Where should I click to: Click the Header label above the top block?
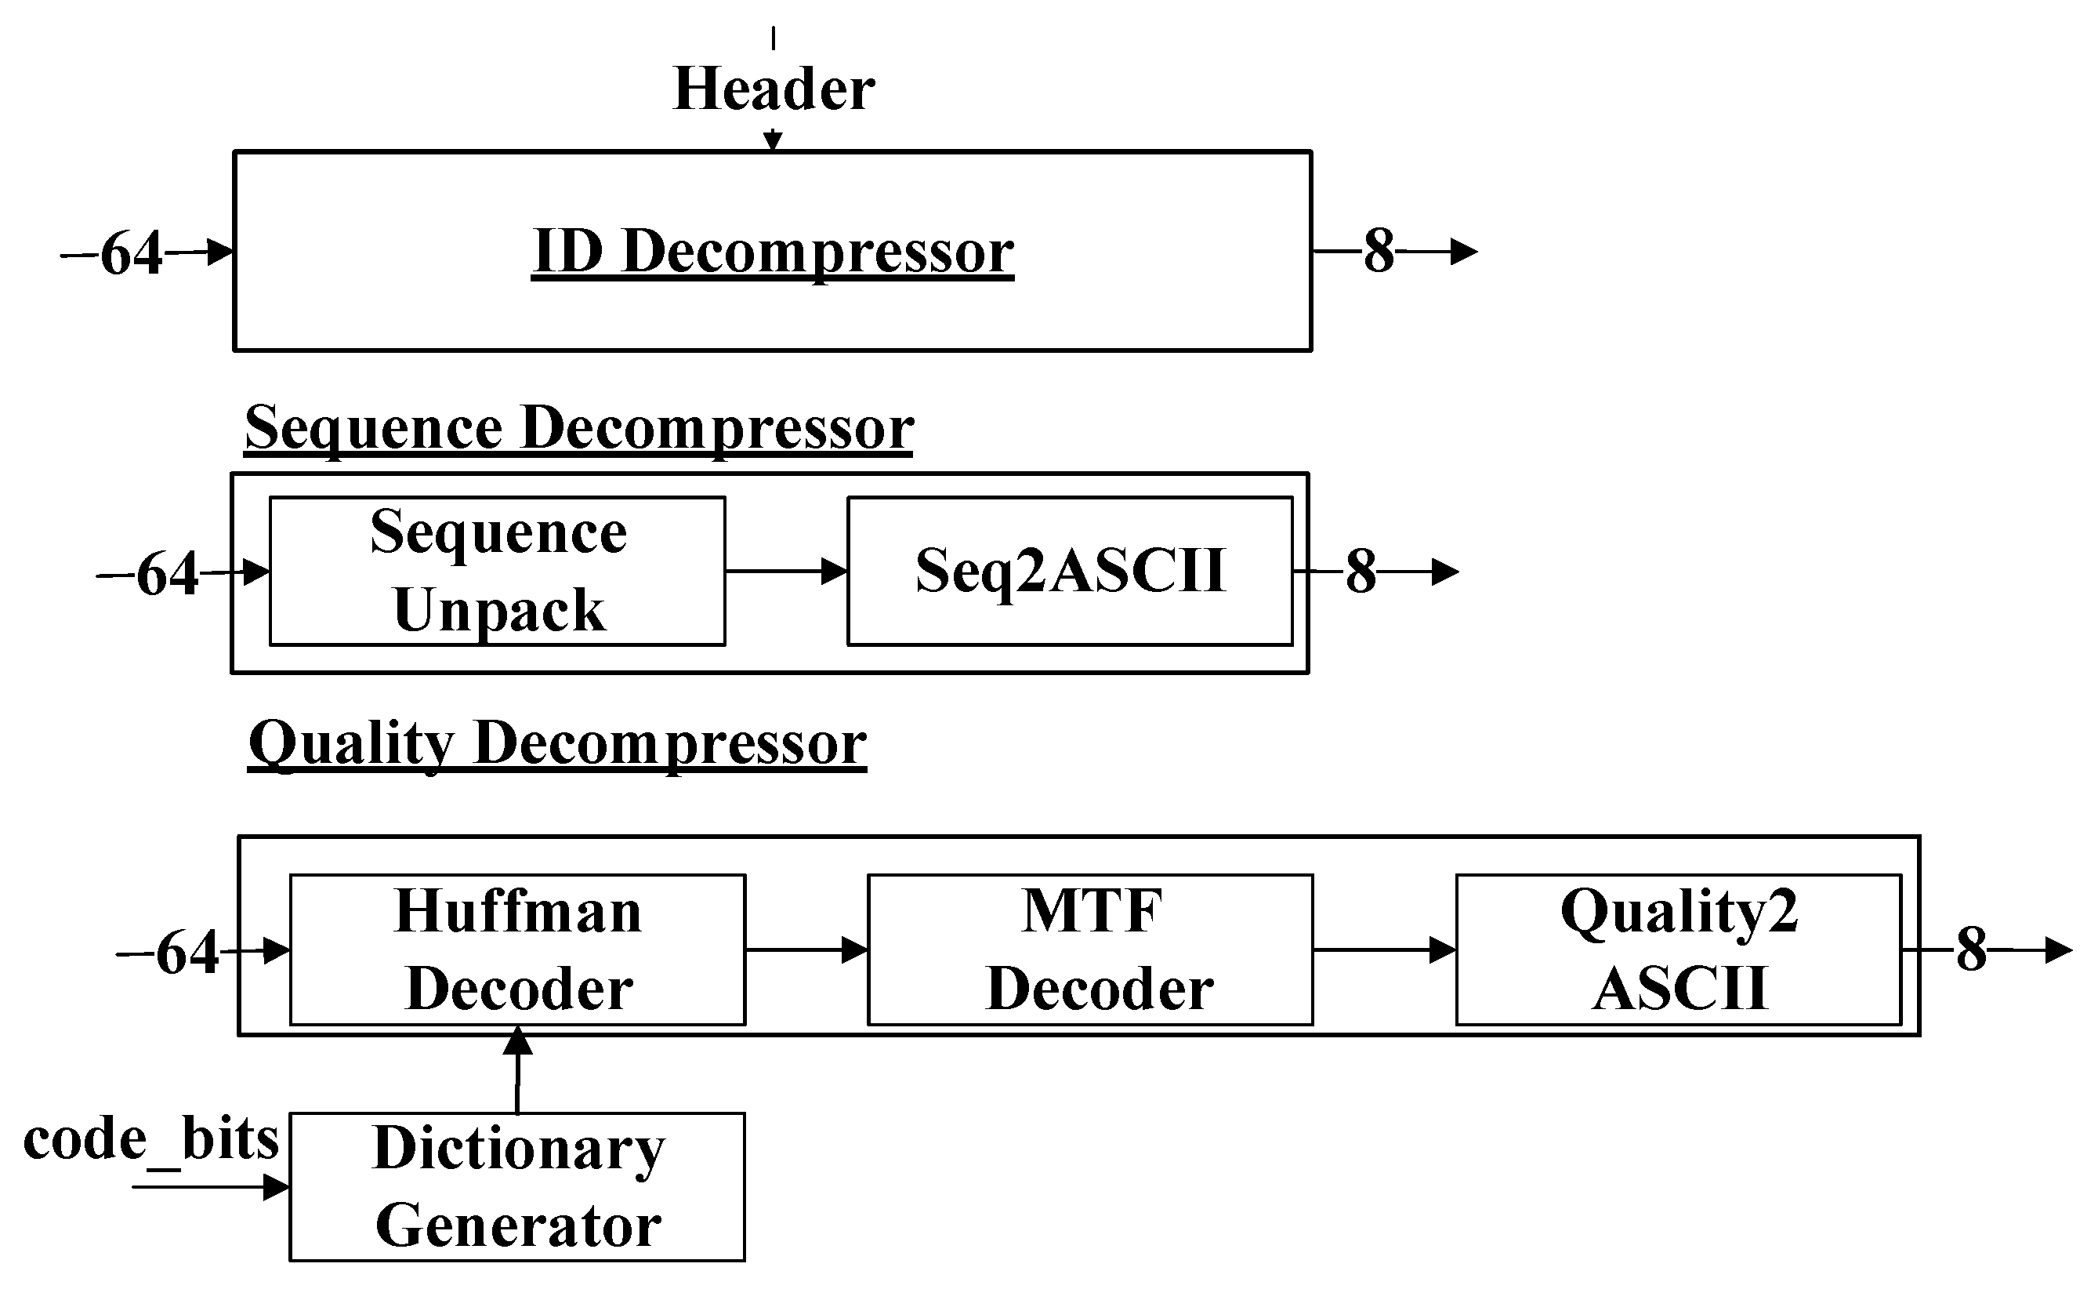[x=773, y=89]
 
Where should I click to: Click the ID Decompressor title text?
[x=773, y=252]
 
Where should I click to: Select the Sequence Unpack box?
[x=498, y=571]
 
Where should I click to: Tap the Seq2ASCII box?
[x=1070, y=571]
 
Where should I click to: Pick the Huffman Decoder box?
[x=517, y=950]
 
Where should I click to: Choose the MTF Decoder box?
[x=1090, y=950]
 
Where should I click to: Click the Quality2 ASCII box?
[x=1679, y=950]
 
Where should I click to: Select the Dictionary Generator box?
[x=517, y=1187]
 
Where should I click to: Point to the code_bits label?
[x=150, y=1139]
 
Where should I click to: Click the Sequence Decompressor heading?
[x=578, y=428]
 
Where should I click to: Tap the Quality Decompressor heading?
[x=557, y=743]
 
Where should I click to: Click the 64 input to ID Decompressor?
[x=131, y=253]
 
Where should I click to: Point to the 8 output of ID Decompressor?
[x=1379, y=252]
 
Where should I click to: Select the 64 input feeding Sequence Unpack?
[x=167, y=574]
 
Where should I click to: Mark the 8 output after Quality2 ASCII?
[x=1971, y=950]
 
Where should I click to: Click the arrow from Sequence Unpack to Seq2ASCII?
[x=786, y=571]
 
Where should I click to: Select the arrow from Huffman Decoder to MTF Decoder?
[x=806, y=950]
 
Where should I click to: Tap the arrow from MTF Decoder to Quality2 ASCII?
[x=1384, y=950]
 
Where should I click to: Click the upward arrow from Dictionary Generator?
[x=517, y=1070]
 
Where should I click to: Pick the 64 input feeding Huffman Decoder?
[x=187, y=953]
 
